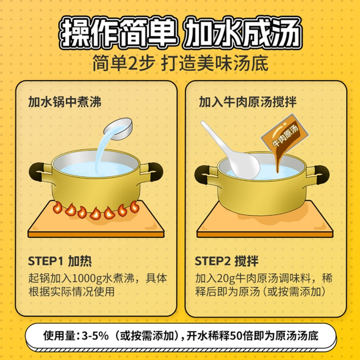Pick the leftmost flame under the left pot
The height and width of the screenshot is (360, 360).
pos(58,208)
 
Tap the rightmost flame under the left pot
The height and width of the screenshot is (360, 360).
pos(134,206)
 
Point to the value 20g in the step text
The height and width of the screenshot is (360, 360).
pos(224,277)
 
